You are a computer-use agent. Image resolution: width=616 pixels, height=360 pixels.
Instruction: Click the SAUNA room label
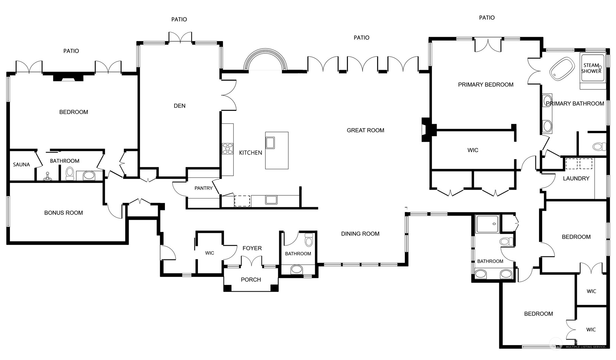point(21,165)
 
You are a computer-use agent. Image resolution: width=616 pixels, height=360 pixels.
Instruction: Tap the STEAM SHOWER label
point(591,68)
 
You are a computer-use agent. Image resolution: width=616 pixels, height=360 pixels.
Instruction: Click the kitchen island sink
point(270,143)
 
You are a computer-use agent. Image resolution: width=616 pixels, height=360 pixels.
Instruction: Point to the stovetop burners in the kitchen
point(228,149)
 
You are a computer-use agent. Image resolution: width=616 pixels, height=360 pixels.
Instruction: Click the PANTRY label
point(203,188)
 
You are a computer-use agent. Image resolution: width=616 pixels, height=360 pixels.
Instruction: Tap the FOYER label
point(252,248)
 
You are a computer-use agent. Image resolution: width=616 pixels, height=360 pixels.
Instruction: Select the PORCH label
point(251,279)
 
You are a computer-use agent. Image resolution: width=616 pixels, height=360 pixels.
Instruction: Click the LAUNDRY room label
point(576,178)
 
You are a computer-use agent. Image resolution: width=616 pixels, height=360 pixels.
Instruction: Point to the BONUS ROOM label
point(64,213)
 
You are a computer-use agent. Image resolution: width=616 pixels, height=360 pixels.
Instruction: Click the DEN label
point(180,106)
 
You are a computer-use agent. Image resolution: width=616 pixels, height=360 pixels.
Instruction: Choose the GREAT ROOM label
point(365,130)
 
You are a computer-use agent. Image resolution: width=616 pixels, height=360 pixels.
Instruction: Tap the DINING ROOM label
point(360,234)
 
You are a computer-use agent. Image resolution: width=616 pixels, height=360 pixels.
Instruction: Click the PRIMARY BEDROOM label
point(486,85)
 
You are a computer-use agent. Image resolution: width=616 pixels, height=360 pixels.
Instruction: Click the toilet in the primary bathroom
point(599,147)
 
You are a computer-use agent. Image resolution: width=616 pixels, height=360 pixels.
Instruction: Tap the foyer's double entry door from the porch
point(252,261)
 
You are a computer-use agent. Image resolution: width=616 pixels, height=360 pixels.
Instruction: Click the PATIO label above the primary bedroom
point(487,18)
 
